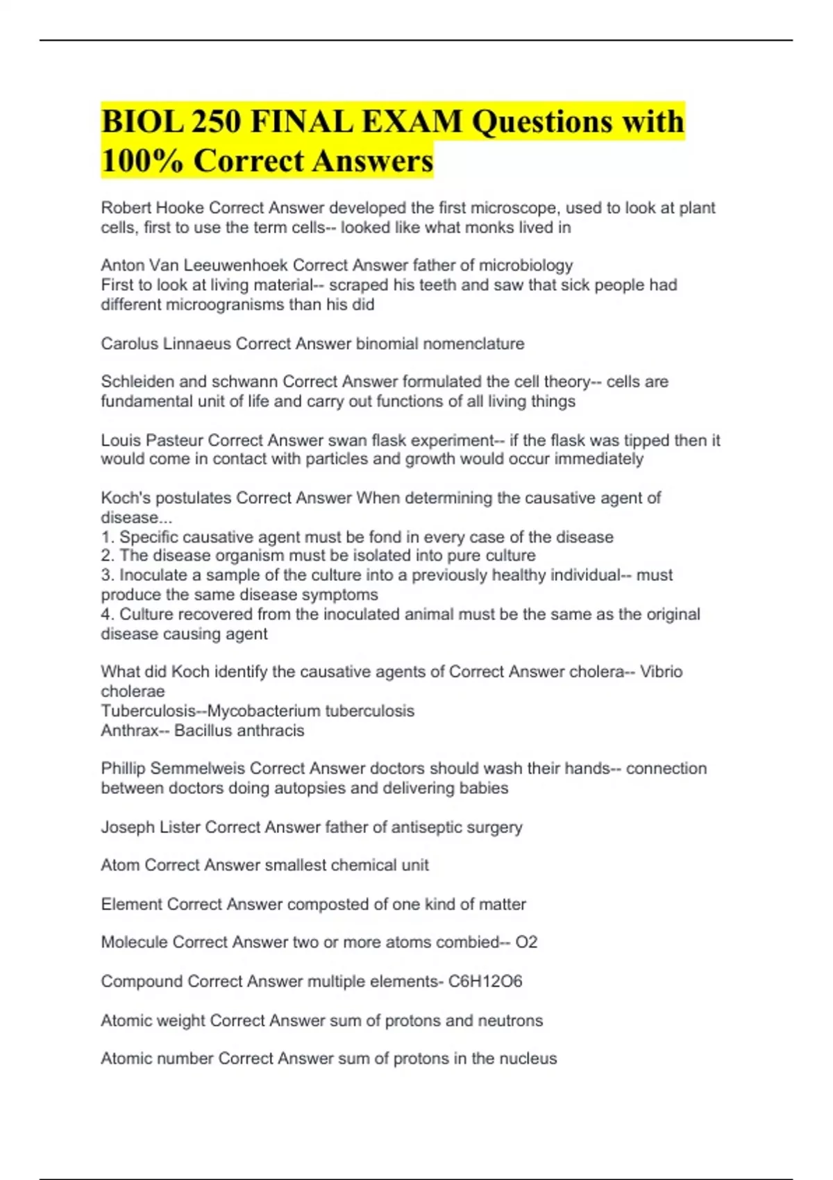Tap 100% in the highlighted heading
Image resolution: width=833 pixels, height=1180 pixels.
[x=142, y=161]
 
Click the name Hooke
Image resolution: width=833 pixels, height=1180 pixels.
[x=181, y=208]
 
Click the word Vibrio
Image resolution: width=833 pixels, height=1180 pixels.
[x=661, y=672]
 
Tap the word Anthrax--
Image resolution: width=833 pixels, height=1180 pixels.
[x=135, y=730]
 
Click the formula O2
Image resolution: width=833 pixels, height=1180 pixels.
[x=526, y=943]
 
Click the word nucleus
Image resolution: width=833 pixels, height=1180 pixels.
[x=528, y=1059]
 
